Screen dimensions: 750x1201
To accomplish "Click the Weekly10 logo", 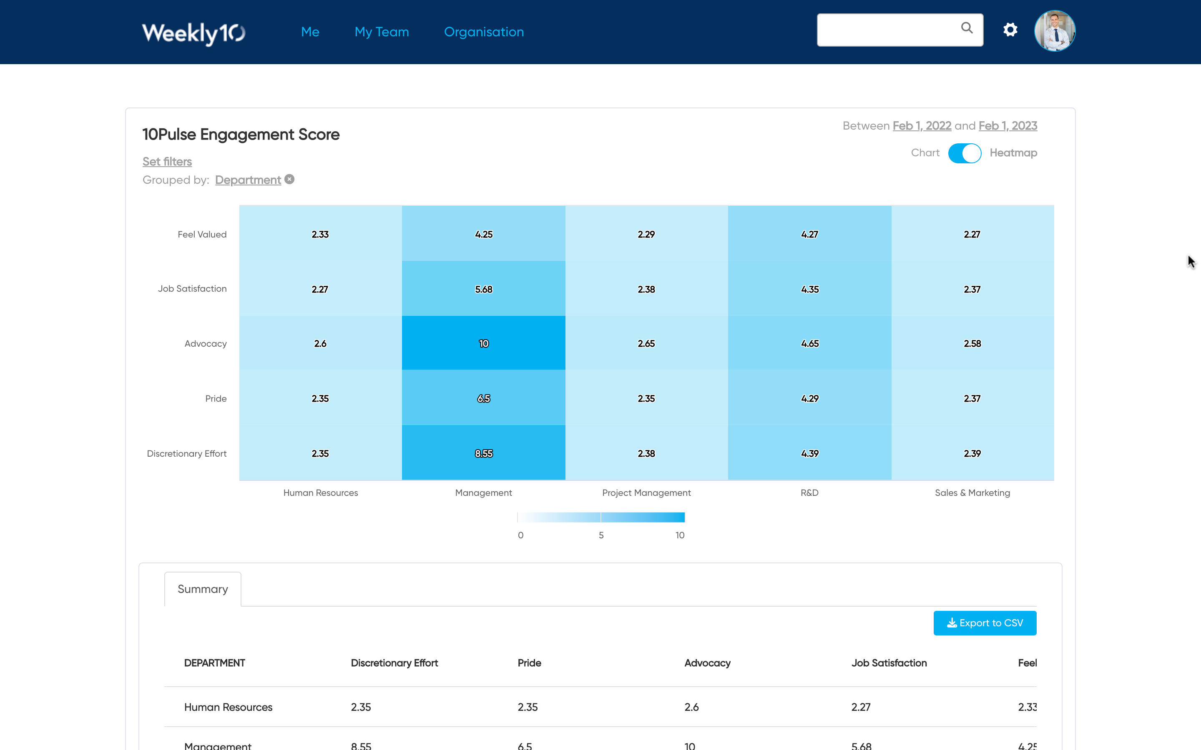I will pyautogui.click(x=193, y=33).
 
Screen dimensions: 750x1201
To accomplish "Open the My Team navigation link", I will pyautogui.click(x=382, y=32).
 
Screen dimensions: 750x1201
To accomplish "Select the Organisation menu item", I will pyautogui.click(x=484, y=32).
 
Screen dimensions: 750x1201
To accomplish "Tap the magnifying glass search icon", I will pyautogui.click(x=966, y=28).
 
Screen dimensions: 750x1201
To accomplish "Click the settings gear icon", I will pyautogui.click(x=1010, y=30).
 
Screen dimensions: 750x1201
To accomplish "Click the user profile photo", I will pyautogui.click(x=1055, y=31).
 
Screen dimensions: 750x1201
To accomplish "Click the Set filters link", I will pyautogui.click(x=167, y=162).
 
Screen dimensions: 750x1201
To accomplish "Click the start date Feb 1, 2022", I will pyautogui.click(x=922, y=126).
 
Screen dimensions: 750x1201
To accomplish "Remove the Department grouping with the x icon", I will pyautogui.click(x=290, y=180).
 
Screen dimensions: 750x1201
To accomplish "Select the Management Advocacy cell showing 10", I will pyautogui.click(x=483, y=343).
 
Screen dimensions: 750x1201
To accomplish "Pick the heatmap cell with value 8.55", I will pyautogui.click(x=483, y=453).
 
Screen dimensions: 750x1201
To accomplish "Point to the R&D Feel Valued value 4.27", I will pyautogui.click(x=809, y=234).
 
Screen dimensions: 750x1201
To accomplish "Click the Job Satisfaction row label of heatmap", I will pyautogui.click(x=192, y=289).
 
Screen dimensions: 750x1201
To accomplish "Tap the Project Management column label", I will pyautogui.click(x=646, y=492).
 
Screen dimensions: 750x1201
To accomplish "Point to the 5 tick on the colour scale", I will pyautogui.click(x=601, y=535).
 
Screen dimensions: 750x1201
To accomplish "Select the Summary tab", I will pyautogui.click(x=203, y=589).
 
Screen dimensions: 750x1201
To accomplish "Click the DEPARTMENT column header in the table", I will pyautogui.click(x=214, y=663).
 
